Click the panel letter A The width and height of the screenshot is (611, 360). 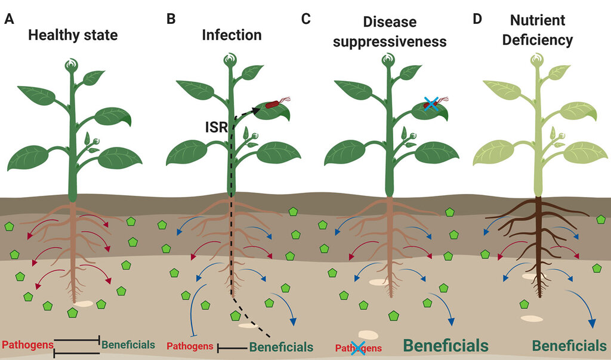pyautogui.click(x=9, y=19)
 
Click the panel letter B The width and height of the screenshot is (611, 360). pyautogui.click(x=171, y=19)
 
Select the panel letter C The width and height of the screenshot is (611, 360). pyautogui.click(x=306, y=19)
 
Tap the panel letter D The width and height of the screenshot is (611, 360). pyautogui.click(x=477, y=19)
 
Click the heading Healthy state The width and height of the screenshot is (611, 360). pyautogui.click(x=73, y=35)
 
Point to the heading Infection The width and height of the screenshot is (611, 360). pyautogui.click(x=232, y=35)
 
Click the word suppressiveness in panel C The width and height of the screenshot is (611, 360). pyautogui.click(x=390, y=41)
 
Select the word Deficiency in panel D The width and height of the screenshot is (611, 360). pyautogui.click(x=538, y=40)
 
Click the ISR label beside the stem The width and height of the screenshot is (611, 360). pyautogui.click(x=216, y=127)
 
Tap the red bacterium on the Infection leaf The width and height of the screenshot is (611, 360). pyautogui.click(x=272, y=104)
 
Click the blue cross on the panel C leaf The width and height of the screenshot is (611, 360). pyautogui.click(x=431, y=104)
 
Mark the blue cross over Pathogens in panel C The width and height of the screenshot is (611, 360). pyautogui.click(x=358, y=347)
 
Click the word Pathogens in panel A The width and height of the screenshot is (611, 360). pyautogui.click(x=27, y=345)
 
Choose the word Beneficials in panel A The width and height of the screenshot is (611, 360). pyautogui.click(x=128, y=345)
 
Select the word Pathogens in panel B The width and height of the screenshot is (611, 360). pyautogui.click(x=190, y=346)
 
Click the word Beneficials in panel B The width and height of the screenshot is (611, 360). pyautogui.click(x=282, y=347)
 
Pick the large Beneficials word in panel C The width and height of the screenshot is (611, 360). pyautogui.click(x=445, y=346)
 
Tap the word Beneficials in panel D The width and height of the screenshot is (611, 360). pyautogui.click(x=569, y=346)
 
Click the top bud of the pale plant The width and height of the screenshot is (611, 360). pyautogui.click(x=538, y=60)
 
